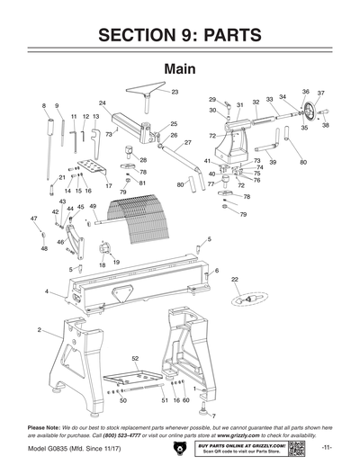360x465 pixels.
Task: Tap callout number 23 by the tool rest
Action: [x=175, y=93]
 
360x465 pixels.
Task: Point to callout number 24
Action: [x=103, y=103]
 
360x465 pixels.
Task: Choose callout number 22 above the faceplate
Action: [x=235, y=280]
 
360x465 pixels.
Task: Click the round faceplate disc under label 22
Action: [x=244, y=298]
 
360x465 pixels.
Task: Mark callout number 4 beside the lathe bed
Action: [x=46, y=291]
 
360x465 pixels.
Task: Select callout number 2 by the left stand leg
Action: [x=40, y=331]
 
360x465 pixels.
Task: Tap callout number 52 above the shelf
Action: [x=136, y=359]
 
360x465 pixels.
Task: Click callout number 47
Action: [x=34, y=219]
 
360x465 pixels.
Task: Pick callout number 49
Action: [x=93, y=207]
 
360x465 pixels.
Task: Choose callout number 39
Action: [x=273, y=162]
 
